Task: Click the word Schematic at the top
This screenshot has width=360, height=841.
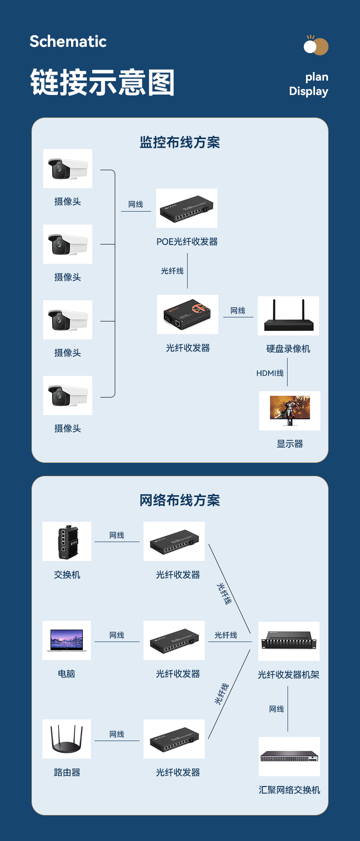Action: coord(68,41)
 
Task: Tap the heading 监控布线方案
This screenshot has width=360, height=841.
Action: coord(180,142)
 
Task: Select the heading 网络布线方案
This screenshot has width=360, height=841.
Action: coord(180,500)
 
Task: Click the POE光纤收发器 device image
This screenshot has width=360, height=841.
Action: coord(187,208)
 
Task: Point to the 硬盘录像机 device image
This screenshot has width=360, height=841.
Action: coord(288,316)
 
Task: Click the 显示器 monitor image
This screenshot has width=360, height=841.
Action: coord(290,411)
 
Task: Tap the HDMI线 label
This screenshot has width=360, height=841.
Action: coord(270,373)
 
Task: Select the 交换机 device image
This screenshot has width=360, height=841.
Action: coord(67,541)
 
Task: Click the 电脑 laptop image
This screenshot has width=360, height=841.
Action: coord(67,640)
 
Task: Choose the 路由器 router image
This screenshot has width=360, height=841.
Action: coord(67,739)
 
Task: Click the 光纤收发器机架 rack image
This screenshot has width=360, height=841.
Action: coord(289,641)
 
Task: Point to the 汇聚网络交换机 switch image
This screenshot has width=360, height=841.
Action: coord(289,756)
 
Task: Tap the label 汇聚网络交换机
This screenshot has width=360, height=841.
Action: coord(289,790)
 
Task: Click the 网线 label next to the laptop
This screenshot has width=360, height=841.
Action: coord(117,635)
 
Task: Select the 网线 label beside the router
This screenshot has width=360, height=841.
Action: coord(117,734)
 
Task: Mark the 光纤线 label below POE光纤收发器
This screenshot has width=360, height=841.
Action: coord(172,271)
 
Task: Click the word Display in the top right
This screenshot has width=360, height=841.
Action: coord(308,91)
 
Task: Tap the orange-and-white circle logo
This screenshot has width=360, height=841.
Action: coord(316,46)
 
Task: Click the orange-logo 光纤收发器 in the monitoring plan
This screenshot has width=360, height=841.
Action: coord(188,314)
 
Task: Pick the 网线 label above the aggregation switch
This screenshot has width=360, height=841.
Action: coord(276,709)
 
